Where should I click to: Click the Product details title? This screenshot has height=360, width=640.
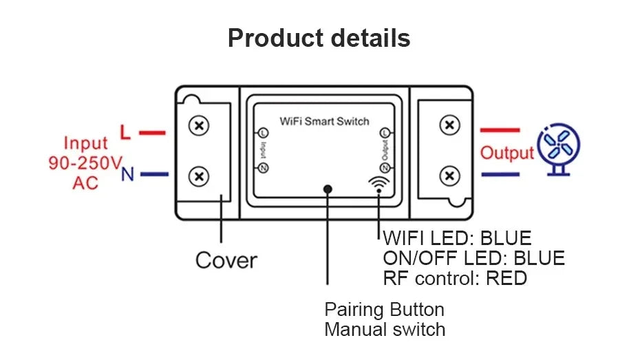pos(319,38)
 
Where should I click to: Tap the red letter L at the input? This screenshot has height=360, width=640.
pos(125,132)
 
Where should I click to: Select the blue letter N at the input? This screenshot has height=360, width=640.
pos(127,174)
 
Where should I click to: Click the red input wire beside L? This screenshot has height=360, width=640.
pos(152,133)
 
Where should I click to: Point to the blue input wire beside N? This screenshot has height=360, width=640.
pos(154,174)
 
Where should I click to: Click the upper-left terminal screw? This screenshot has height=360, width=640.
pos(199,126)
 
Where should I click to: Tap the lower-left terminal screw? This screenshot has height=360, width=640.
pos(199,177)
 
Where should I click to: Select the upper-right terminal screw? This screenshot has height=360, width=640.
pos(450,125)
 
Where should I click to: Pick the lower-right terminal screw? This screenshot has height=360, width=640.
pos(450,176)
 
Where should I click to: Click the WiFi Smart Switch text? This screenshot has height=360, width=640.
pos(324,121)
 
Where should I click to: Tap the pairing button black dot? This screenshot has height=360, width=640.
pos(328,189)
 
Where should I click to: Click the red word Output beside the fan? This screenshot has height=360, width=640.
pos(506,153)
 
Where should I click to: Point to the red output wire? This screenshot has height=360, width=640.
pos(500,130)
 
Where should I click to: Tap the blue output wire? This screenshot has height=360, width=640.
pos(500,175)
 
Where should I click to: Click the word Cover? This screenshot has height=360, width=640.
pos(226,260)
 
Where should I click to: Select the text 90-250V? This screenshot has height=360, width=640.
pos(85,163)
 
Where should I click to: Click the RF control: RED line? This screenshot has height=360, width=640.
pos(455,278)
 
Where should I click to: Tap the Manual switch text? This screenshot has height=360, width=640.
pos(385,330)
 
